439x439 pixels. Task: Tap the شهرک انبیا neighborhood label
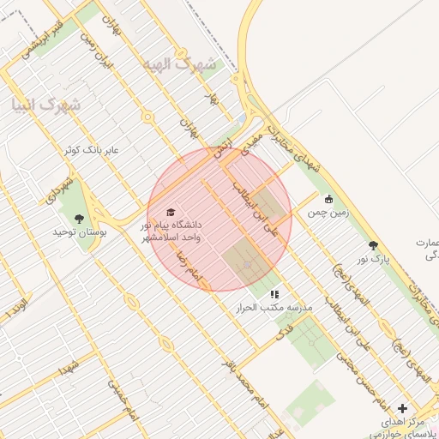pos(45,105)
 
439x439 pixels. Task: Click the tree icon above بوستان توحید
pos(80,219)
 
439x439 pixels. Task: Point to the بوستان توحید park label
pos(78,232)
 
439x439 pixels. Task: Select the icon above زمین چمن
pos(328,199)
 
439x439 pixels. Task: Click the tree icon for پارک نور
pos(372,244)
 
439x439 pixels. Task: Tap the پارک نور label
pos(373,257)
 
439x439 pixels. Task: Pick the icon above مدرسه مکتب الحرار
pos(274,294)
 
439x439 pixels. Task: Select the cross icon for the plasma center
pos(403,408)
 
